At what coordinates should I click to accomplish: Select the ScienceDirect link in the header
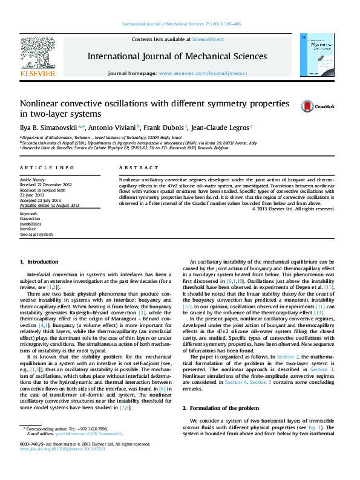pyautogui.click(x=208, y=39)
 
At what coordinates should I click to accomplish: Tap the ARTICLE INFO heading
pyautogui.click(x=47, y=167)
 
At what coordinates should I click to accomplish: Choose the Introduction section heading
pyautogui.click(x=42, y=262)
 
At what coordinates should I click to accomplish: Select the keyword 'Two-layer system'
pyautogui.click(x=36, y=234)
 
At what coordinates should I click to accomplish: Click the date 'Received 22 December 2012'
pyautogui.click(x=46, y=185)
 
